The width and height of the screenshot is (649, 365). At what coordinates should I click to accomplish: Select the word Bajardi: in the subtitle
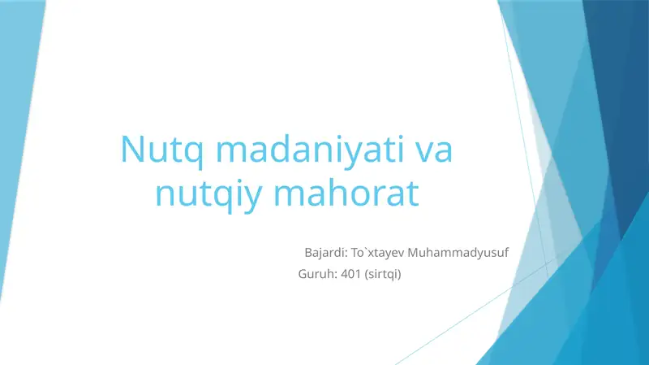pos(324,253)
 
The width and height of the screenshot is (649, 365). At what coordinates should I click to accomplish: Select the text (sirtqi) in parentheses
pos(385,274)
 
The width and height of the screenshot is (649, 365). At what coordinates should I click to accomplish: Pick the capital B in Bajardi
pos(308,253)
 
